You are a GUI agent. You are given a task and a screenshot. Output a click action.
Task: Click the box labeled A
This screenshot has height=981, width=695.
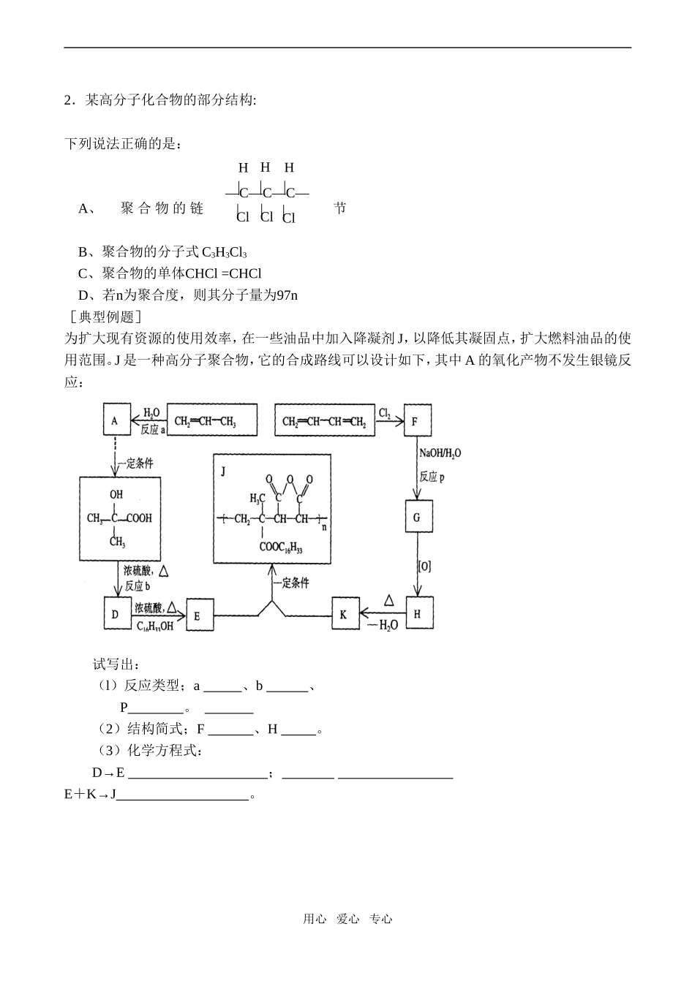(115, 421)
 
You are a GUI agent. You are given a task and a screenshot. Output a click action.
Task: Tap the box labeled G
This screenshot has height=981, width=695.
(418, 517)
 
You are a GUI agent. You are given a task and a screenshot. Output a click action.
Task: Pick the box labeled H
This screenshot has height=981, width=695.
(418, 614)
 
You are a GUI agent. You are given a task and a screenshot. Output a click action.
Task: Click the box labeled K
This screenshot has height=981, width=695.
(345, 614)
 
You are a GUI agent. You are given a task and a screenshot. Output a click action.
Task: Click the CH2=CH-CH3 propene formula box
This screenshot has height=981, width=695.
(211, 422)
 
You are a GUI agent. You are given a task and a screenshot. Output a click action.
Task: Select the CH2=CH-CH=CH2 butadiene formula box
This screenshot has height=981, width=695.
(325, 422)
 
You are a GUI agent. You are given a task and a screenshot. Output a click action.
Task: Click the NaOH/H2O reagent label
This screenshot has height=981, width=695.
(440, 454)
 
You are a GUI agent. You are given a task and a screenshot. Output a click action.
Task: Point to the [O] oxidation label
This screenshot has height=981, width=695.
(425, 566)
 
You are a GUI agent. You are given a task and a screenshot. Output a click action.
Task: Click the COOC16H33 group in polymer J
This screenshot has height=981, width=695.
(280, 547)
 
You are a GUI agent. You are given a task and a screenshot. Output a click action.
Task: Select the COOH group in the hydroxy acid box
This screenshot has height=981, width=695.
(139, 518)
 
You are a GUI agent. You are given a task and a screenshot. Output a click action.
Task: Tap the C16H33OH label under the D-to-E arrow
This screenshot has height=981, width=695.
(155, 626)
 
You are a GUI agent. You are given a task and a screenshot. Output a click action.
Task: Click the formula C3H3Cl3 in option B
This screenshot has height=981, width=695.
(225, 253)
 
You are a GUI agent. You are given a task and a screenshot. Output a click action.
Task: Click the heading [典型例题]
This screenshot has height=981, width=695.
(102, 317)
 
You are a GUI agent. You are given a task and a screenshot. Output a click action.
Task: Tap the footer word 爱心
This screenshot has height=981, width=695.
(347, 919)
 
